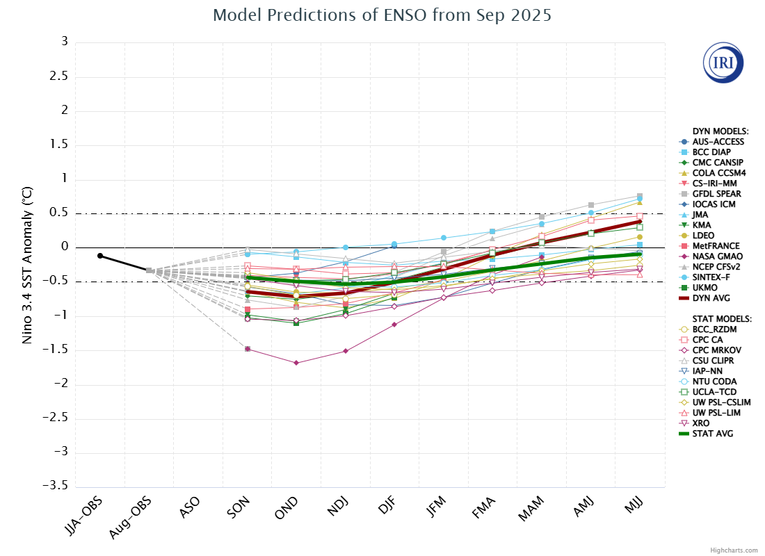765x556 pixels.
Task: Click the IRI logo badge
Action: [723, 63]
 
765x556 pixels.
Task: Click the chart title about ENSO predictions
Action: [382, 15]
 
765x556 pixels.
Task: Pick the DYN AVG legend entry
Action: [711, 298]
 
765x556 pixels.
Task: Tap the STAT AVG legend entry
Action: [711, 434]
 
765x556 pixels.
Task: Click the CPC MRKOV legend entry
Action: [715, 350]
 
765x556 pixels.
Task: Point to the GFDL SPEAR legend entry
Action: [714, 194]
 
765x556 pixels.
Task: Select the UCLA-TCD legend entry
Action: [714, 392]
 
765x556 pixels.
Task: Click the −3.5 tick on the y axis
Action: [58, 487]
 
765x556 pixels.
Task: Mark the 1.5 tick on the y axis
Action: [62, 145]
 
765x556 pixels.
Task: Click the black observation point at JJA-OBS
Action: [100, 256]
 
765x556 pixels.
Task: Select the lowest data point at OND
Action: [296, 363]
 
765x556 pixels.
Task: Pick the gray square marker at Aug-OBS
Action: [149, 270]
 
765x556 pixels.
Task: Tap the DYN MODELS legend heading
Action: [720, 131]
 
